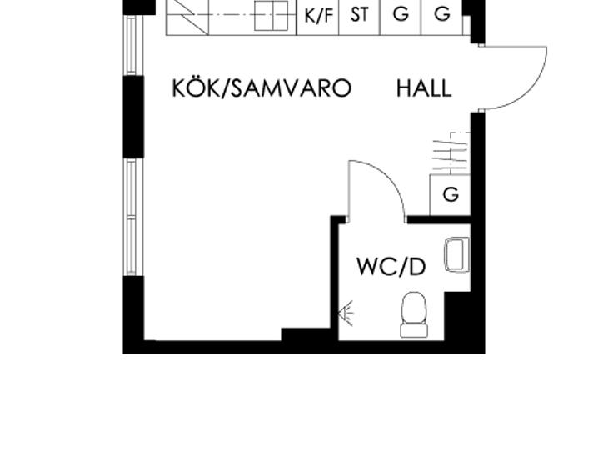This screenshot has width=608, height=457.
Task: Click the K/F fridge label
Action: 319,17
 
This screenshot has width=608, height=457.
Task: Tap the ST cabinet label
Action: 360,15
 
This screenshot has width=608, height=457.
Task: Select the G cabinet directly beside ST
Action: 401,15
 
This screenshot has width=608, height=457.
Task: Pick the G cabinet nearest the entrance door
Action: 442,15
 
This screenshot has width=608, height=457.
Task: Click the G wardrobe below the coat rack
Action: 451,194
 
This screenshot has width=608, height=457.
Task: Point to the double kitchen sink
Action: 272,16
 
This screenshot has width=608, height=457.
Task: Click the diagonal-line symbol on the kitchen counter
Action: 187,17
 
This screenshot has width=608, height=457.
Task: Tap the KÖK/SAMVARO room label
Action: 262,88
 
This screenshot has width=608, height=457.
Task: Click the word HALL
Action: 424,88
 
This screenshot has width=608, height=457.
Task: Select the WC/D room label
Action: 391,267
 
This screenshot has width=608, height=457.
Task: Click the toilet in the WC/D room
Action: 414,314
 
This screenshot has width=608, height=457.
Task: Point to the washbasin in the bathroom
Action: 457,254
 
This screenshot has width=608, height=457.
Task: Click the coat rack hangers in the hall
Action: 451,153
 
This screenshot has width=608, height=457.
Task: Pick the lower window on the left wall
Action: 132,217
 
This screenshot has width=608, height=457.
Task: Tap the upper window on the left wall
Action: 132,45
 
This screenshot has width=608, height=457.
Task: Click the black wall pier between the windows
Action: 134,117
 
